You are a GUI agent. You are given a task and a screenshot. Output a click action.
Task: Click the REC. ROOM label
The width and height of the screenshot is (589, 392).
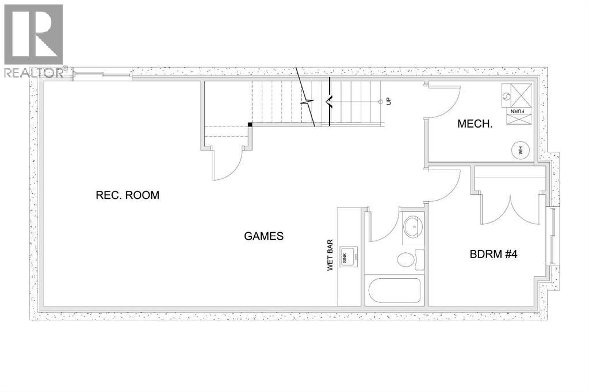[127, 195]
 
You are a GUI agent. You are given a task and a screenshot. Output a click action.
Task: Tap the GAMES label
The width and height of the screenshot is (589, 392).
[264, 236]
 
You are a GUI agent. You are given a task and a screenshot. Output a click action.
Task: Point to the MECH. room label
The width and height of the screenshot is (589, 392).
[475, 124]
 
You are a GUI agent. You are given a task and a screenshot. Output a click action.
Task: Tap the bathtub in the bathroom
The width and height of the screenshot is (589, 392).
[395, 291]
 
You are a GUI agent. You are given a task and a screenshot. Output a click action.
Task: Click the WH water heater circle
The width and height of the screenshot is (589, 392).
[519, 151]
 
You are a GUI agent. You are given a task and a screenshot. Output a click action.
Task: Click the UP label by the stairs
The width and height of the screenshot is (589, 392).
[389, 101]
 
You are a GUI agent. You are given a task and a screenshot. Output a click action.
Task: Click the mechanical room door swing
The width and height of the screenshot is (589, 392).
[444, 99]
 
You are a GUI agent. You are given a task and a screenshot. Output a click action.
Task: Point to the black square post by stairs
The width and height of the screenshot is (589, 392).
[250, 124]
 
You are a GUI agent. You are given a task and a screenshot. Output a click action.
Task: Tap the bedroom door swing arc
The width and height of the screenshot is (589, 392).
[445, 185]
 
